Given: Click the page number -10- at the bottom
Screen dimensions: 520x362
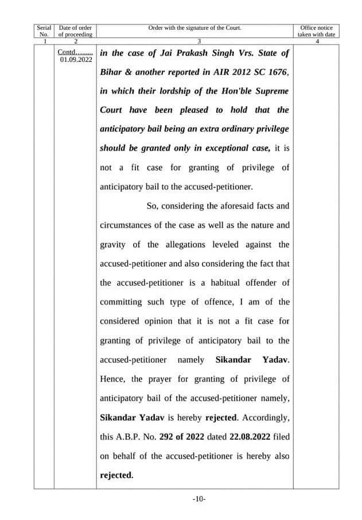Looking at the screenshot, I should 198,499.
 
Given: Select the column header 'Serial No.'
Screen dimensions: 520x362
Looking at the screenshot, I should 44,31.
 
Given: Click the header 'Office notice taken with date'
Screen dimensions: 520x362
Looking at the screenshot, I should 316,31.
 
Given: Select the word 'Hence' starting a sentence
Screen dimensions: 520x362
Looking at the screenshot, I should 112,380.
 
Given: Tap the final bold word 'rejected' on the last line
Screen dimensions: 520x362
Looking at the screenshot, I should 116,475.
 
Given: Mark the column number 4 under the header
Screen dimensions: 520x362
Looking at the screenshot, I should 316,41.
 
